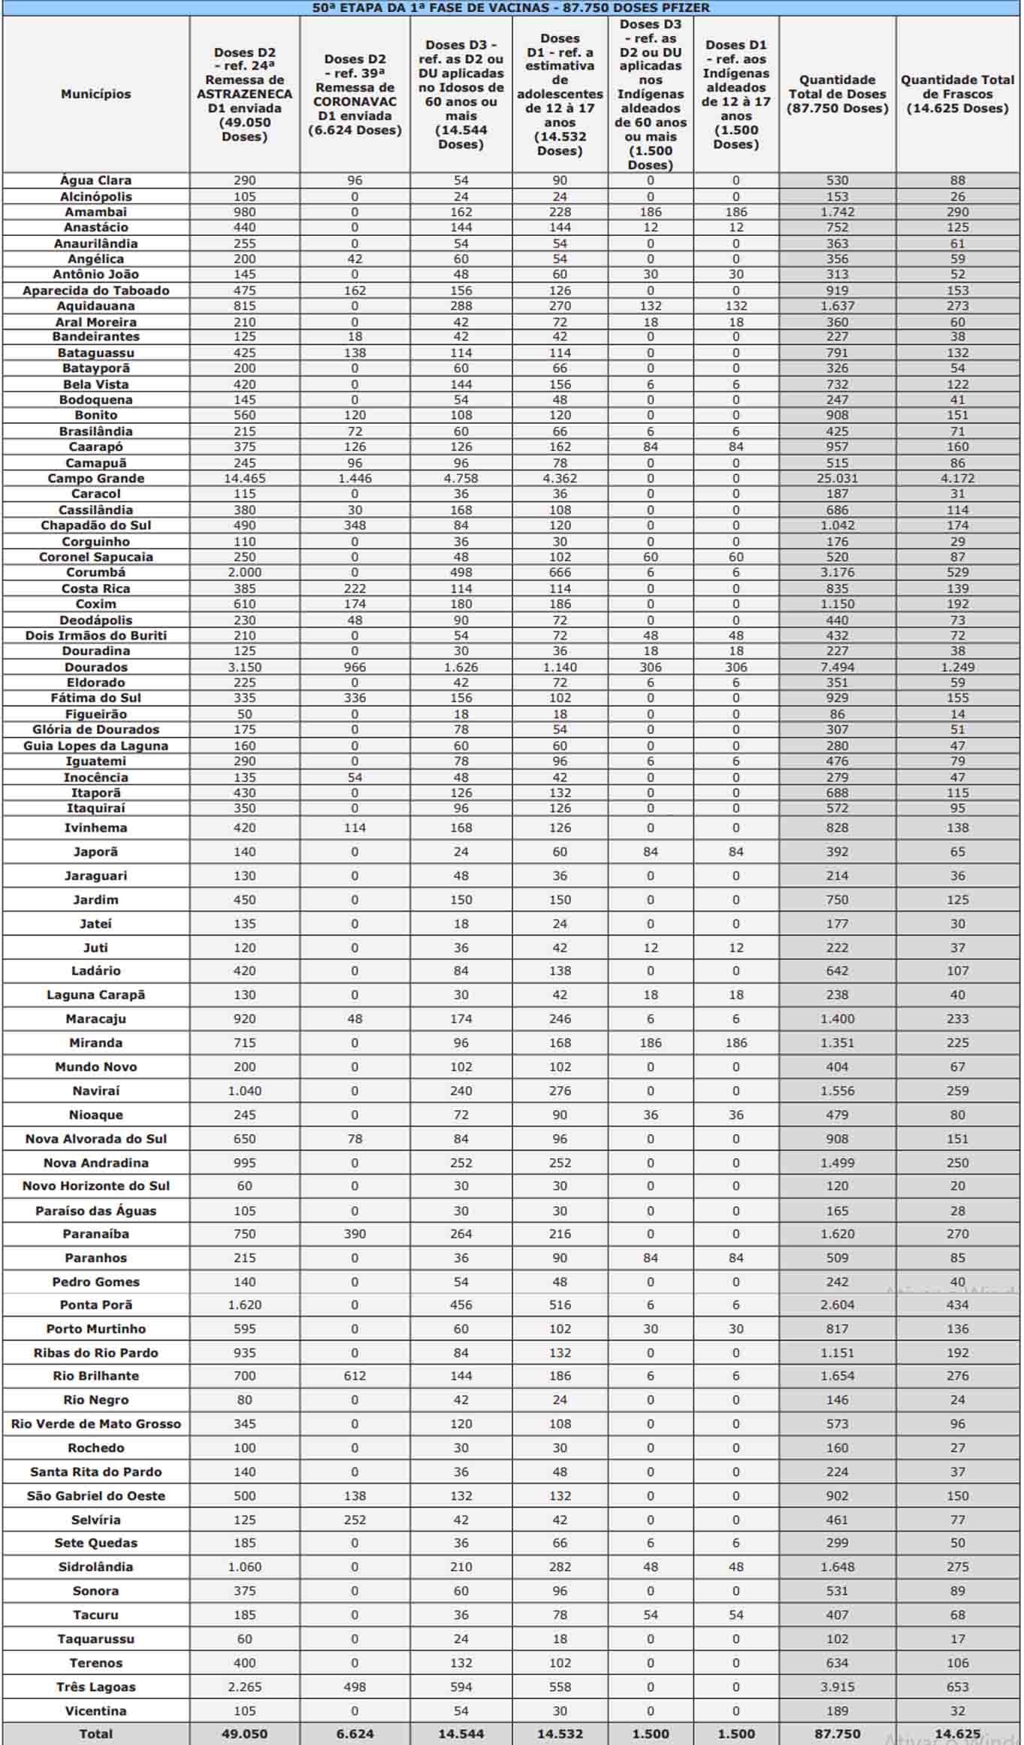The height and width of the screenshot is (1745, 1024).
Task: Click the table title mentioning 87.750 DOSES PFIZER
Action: click(511, 8)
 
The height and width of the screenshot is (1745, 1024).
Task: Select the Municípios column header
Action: click(95, 94)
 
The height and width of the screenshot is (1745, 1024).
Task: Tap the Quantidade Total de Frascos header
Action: click(957, 94)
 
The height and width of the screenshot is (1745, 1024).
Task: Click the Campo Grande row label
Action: click(95, 478)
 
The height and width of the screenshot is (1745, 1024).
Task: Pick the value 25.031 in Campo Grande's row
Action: click(837, 478)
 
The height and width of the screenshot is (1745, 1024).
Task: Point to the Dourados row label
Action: click(95, 667)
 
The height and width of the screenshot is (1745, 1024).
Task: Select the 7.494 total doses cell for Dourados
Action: click(837, 667)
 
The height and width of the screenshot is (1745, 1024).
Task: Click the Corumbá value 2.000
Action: click(244, 572)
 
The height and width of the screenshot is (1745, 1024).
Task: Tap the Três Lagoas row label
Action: click(95, 1686)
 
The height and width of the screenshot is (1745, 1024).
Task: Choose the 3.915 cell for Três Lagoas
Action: click(837, 1686)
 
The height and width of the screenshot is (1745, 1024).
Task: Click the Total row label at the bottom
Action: click(95, 1734)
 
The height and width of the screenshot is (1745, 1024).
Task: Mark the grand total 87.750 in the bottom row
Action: click(837, 1734)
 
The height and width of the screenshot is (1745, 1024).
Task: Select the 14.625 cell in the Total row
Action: click(957, 1734)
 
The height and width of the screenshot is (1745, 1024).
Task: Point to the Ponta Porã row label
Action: click(95, 1305)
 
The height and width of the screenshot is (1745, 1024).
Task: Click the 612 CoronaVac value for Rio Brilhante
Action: click(355, 1375)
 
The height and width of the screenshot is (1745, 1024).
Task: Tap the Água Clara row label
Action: click(95, 180)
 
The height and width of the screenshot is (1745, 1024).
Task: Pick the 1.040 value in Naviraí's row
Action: click(244, 1090)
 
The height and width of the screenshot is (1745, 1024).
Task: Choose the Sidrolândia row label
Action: click(95, 1567)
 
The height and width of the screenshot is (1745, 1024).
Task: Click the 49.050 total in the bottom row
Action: click(244, 1734)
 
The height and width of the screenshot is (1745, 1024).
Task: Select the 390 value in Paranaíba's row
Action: click(355, 1233)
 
